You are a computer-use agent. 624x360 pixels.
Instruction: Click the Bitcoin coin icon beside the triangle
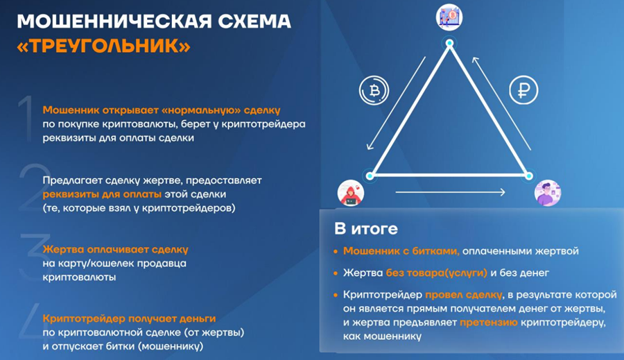click(374, 91)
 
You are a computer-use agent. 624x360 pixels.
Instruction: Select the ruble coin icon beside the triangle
click(524, 91)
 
